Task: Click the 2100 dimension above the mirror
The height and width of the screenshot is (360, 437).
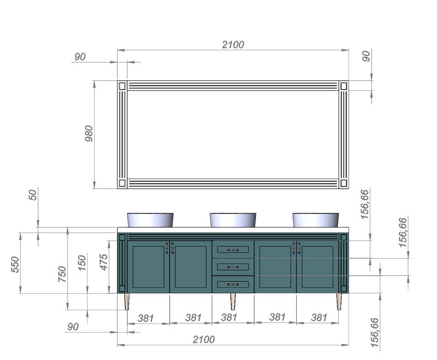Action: pyautogui.click(x=233, y=45)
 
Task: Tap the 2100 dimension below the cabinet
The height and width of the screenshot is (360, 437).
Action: pyautogui.click(x=204, y=339)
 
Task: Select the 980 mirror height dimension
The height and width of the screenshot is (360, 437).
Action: pyautogui.click(x=89, y=134)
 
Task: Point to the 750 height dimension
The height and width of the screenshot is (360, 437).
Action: pyautogui.click(x=63, y=274)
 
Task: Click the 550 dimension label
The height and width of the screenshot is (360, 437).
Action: pyautogui.click(x=16, y=265)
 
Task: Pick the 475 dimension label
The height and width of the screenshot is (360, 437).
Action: pyautogui.click(x=104, y=262)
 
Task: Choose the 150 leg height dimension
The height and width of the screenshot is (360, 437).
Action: pyautogui.click(x=82, y=263)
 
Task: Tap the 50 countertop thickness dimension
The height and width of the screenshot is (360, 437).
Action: pyautogui.click(x=33, y=195)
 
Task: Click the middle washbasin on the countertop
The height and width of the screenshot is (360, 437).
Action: pyautogui.click(x=233, y=220)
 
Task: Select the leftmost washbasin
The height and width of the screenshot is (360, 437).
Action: pyautogui.click(x=150, y=220)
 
